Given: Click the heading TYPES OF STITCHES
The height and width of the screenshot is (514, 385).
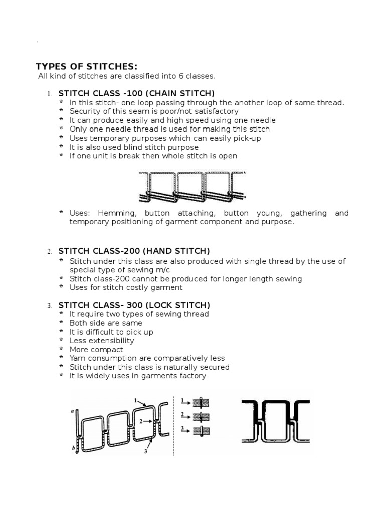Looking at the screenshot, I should [x=86, y=67].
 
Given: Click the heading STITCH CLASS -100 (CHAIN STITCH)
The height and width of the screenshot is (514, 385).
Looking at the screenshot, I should [x=136, y=93].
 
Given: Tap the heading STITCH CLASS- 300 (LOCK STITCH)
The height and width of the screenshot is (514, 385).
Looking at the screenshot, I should [x=134, y=305].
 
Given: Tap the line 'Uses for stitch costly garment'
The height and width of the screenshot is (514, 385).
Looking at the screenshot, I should [x=126, y=288].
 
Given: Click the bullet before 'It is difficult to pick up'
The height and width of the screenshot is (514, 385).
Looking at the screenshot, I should [x=62, y=332].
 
